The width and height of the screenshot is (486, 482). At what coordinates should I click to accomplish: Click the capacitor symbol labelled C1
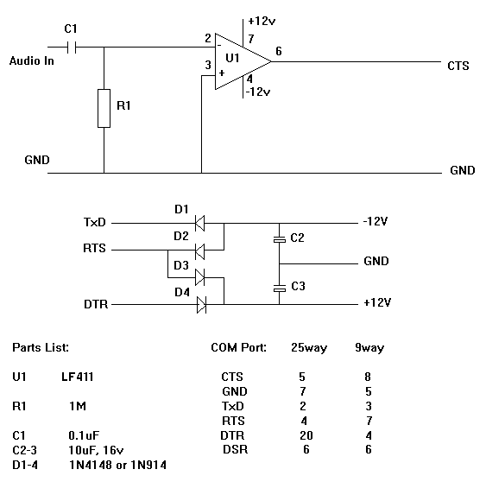click(x=72, y=48)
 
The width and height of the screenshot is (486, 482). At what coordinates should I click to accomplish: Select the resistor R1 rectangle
click(x=104, y=108)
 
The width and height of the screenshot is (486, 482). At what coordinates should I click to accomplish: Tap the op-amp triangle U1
click(x=243, y=61)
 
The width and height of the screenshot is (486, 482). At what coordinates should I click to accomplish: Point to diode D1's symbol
click(x=200, y=223)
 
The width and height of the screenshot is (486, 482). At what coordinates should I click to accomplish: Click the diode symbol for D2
click(x=200, y=250)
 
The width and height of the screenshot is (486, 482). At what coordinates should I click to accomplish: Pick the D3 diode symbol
click(x=200, y=277)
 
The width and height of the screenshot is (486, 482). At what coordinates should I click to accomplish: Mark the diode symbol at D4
click(x=201, y=305)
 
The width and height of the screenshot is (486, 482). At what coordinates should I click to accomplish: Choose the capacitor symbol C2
click(x=280, y=239)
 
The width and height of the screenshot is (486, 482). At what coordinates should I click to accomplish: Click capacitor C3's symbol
click(x=280, y=289)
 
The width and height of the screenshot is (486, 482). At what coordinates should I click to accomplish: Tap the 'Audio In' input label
click(x=32, y=60)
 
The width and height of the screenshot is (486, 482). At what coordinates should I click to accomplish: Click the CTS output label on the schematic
click(x=458, y=66)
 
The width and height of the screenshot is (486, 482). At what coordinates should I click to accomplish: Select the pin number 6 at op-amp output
click(x=279, y=51)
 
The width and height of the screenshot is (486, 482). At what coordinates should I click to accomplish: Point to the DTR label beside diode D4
click(x=96, y=304)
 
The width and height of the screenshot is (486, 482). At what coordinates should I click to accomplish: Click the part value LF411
click(x=77, y=377)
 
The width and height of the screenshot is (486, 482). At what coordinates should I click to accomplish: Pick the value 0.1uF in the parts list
click(x=84, y=435)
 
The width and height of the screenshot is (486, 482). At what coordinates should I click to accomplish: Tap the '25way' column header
click(x=309, y=348)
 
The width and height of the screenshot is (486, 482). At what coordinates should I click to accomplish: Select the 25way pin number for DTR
click(x=306, y=435)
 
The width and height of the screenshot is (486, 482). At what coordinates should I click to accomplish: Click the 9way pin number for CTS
click(x=368, y=377)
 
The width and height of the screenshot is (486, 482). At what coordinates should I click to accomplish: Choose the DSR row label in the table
click(x=236, y=449)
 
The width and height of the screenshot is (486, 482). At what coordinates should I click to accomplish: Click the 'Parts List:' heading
click(x=41, y=347)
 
